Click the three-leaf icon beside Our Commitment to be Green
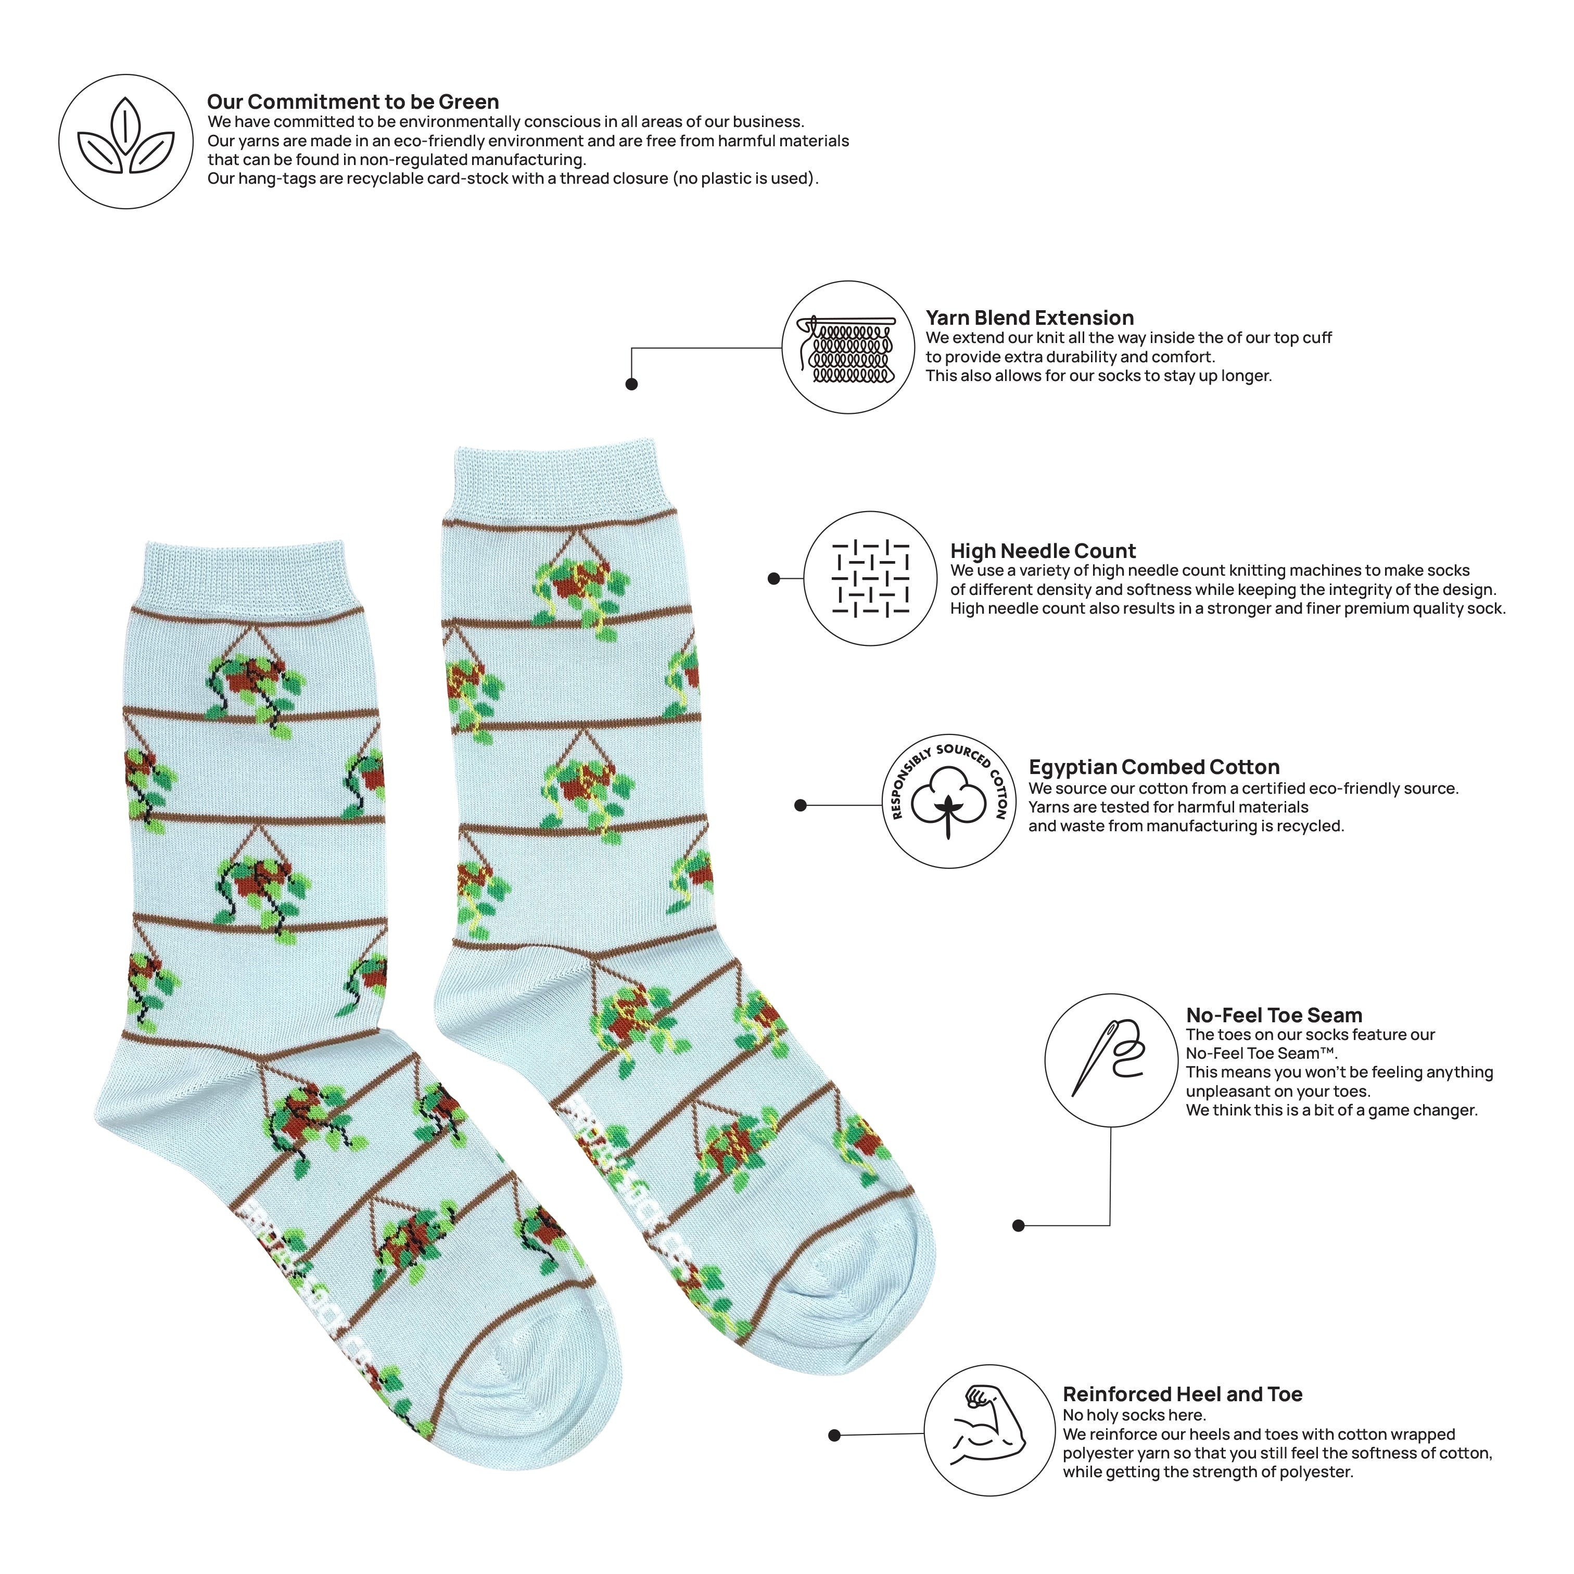pyautogui.click(x=125, y=138)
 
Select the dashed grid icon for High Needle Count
pyautogui.click(x=870, y=578)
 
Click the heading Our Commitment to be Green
pyautogui.click(x=353, y=102)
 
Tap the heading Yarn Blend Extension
pyautogui.click(x=1030, y=318)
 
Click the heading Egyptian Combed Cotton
pyautogui.click(x=1153, y=767)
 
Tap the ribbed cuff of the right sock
pyautogui.click(x=563, y=480)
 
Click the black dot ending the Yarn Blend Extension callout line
pyautogui.click(x=631, y=384)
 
